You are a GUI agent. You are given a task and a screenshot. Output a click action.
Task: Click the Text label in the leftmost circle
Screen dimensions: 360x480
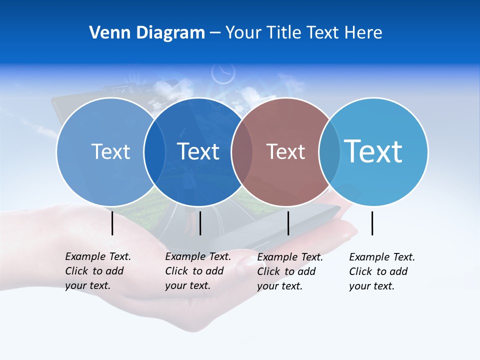[110, 151]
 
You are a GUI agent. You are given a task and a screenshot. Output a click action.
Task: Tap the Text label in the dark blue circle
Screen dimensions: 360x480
[198, 151]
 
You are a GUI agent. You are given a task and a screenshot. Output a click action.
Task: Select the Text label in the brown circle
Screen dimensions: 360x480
[285, 151]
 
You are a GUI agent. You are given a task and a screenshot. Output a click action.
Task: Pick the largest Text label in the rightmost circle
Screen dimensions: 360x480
[373, 151]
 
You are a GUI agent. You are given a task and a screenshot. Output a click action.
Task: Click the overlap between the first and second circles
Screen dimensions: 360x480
[154, 151]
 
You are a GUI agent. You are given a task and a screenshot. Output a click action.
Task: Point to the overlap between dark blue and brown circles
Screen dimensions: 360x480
[242, 151]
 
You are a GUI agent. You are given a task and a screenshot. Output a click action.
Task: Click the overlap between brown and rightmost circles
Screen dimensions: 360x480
[329, 151]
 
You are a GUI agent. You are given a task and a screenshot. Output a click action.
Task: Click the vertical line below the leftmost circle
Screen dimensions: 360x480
[112, 223]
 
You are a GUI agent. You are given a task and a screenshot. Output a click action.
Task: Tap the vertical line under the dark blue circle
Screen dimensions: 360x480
[200, 223]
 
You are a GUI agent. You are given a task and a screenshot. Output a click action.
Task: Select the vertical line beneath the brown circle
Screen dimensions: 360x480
[288, 223]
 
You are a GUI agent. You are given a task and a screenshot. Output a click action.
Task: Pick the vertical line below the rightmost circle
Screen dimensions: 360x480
[372, 223]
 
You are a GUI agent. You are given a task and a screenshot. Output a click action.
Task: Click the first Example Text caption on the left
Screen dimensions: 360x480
[97, 271]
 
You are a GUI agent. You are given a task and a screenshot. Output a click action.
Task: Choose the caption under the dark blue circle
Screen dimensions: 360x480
[197, 271]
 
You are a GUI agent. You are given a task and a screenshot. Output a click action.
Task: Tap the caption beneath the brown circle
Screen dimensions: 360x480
[289, 271]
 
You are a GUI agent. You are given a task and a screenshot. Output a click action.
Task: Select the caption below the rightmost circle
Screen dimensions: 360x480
[381, 271]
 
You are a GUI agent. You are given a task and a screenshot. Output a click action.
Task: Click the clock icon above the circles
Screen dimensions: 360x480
[222, 73]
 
